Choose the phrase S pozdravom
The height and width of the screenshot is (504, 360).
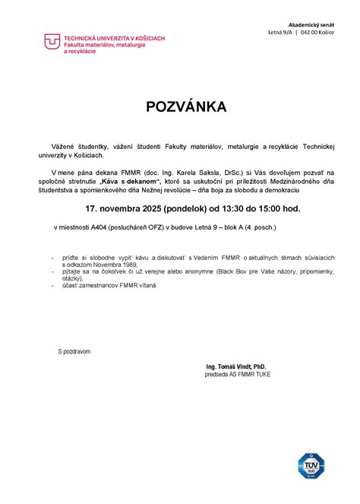74,351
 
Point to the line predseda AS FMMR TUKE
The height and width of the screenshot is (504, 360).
237,375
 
